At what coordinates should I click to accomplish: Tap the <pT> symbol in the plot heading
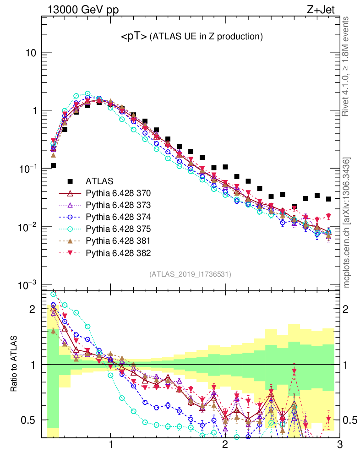(x=134, y=37)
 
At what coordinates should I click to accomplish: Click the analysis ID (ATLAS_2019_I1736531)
(x=190, y=274)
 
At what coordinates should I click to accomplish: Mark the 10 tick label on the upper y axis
(x=31, y=53)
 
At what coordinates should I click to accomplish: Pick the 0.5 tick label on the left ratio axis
(x=28, y=420)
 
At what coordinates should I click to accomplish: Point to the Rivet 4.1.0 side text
(x=347, y=66)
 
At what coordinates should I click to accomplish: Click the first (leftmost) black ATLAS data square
(x=53, y=166)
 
